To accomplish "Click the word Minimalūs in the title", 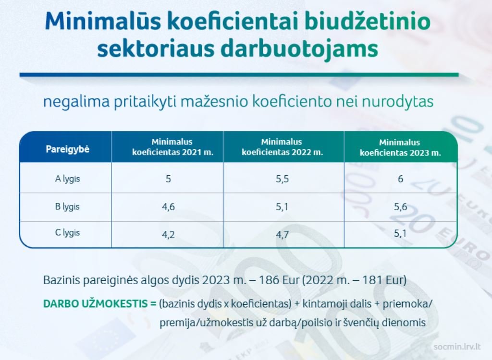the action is point(103,21).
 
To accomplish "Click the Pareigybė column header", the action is point(67,149).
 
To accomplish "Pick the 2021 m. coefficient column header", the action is point(172,147).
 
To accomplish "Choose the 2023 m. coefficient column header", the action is point(400,147).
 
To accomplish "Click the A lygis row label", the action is point(67,179).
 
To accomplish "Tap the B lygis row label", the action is point(67,207).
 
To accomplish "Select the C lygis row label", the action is point(67,233).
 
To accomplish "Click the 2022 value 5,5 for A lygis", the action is point(282,179).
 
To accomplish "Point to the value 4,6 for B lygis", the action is point(168,207).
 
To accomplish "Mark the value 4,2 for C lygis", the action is point(168,235).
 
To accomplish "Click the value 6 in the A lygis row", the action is point(400,179).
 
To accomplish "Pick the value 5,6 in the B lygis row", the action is point(400,207).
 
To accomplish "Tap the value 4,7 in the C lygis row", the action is point(282,235).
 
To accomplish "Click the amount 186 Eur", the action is point(279,280).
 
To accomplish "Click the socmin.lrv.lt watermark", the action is point(457,347).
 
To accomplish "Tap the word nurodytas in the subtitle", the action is point(397,102).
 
